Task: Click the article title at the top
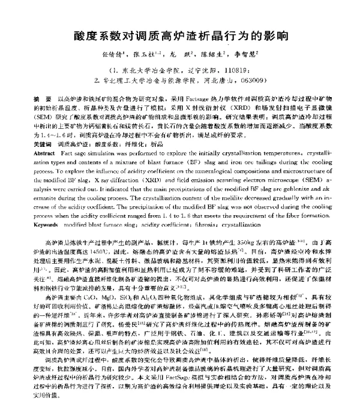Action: [181, 34]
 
